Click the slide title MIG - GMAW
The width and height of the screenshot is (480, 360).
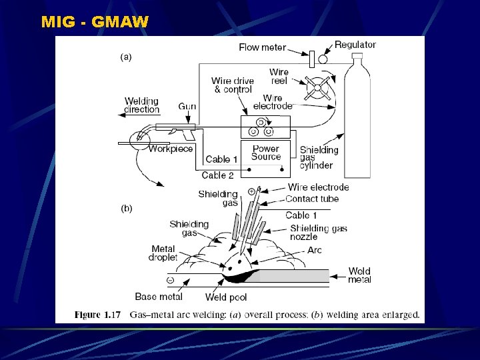95,22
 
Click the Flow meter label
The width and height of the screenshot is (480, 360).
262,47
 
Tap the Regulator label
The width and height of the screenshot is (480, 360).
355,45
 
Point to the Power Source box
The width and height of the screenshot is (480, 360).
266,153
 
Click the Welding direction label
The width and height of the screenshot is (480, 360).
142,105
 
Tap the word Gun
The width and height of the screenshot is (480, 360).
187,107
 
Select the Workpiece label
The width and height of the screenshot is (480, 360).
171,149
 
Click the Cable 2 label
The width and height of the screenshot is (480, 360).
217,175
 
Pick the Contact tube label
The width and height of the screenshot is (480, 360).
311,199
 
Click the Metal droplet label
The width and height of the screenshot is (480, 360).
163,253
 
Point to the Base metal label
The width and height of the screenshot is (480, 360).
158,297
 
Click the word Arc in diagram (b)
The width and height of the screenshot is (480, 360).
315,250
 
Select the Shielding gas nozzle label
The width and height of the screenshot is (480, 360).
318,232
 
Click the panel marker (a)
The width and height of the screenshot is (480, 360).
126,57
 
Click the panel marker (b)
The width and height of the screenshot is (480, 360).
126,208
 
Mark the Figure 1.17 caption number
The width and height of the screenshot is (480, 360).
97,314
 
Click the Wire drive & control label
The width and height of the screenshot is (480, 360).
233,85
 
